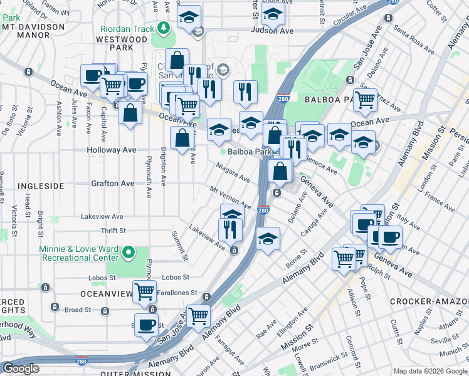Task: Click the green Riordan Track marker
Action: [x=164, y=28]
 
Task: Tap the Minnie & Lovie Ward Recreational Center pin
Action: [x=129, y=253]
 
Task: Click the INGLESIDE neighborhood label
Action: [x=40, y=186]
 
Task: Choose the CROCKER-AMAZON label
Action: [x=429, y=301]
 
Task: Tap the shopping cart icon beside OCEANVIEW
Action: [x=145, y=291]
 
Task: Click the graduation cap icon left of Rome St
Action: [x=268, y=238]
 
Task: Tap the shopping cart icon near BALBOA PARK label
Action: [x=365, y=98]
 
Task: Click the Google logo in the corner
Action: [x=21, y=368]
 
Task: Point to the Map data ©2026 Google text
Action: [x=429, y=371]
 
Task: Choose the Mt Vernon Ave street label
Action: [x=230, y=197]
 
